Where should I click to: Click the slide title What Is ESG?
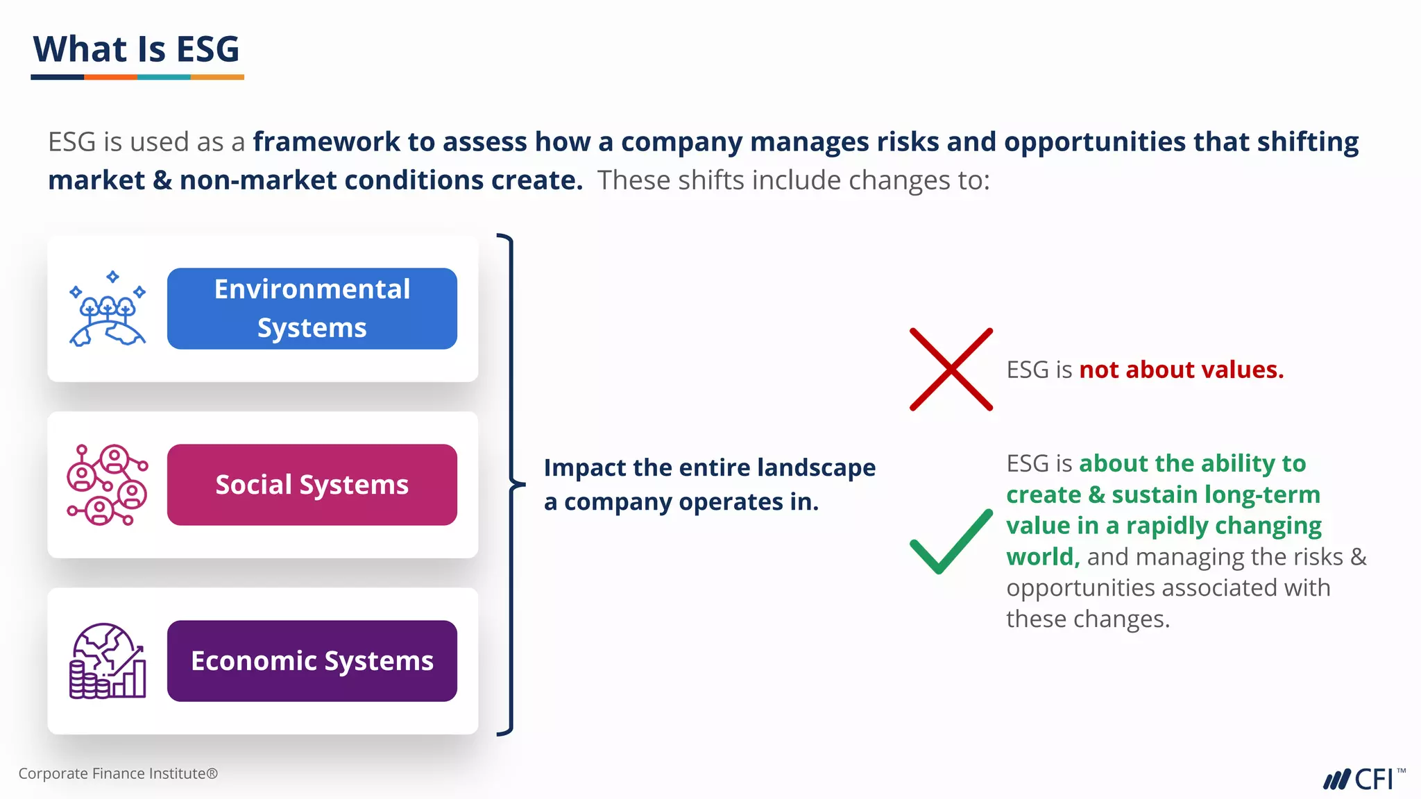tap(137, 49)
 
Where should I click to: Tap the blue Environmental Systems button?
tap(312, 309)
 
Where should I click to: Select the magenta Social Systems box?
tap(312, 485)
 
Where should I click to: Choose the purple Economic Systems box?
tap(312, 661)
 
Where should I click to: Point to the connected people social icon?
tap(108, 485)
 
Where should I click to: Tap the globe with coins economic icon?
tap(108, 661)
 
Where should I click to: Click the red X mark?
tap(951, 369)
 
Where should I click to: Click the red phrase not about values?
tap(1181, 370)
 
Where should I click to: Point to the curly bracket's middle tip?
tap(514, 483)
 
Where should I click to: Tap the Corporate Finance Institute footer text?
tap(118, 773)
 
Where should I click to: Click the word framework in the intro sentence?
tap(326, 142)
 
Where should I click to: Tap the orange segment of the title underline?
tap(110, 77)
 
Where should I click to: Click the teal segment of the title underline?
tap(164, 77)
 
